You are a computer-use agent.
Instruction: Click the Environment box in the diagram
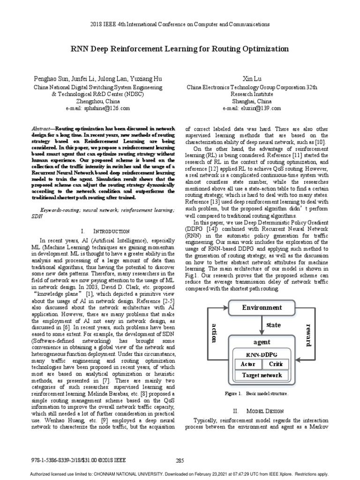point(262,308)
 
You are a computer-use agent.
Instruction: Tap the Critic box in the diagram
point(276,364)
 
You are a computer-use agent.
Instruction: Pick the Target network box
point(262,375)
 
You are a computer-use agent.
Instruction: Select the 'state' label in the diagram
point(273,324)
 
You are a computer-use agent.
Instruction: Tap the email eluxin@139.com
point(252,108)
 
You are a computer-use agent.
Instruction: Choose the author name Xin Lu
point(252,79)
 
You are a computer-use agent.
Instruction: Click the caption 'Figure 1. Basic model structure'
point(252,394)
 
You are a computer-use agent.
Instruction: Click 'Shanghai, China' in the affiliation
point(252,101)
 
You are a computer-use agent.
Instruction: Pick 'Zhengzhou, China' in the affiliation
point(98,101)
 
